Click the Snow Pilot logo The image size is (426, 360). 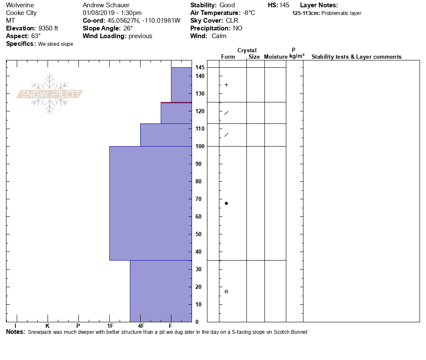click(50, 94)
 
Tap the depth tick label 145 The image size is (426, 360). click(200, 68)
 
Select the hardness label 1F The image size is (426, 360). click(110, 326)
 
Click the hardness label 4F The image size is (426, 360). click(141, 326)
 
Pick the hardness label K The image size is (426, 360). click(48, 326)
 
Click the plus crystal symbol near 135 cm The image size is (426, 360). click(226, 85)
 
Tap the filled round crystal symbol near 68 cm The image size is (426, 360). click(226, 203)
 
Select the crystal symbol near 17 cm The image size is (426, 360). click(226, 291)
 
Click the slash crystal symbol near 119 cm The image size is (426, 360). click(226, 113)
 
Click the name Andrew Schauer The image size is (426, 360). click(106, 5)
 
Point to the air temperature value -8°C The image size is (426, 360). click(249, 13)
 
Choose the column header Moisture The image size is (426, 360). click(276, 57)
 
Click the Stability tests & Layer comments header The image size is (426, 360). click(356, 57)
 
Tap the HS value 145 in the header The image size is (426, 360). click(284, 5)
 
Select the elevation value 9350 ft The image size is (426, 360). click(48, 28)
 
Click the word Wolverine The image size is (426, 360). click(20, 5)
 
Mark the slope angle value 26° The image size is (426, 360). click(125, 28)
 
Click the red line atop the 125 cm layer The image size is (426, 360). click(176, 103)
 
